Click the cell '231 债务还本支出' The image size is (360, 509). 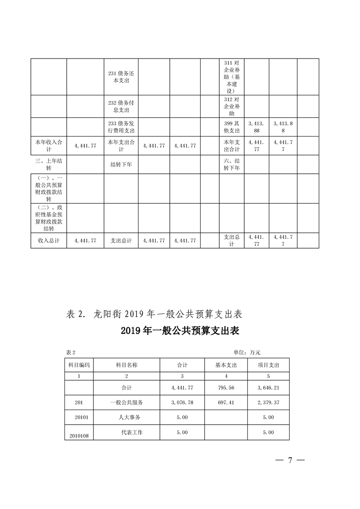(x=120, y=77)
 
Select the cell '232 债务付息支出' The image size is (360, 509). (x=120, y=106)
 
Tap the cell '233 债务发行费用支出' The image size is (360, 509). (x=120, y=127)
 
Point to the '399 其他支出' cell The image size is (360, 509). (x=232, y=127)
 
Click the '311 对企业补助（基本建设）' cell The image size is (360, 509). (x=232, y=77)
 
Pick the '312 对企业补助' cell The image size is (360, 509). (x=232, y=106)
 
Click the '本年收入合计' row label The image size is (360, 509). (x=49, y=146)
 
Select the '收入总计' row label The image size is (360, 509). (x=49, y=240)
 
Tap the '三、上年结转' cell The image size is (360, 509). (x=49, y=164)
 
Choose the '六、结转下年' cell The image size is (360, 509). (x=232, y=164)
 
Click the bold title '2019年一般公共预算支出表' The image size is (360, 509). (x=180, y=331)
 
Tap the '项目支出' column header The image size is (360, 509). (x=268, y=365)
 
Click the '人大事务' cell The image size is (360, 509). (x=126, y=417)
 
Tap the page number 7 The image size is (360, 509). (x=289, y=460)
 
